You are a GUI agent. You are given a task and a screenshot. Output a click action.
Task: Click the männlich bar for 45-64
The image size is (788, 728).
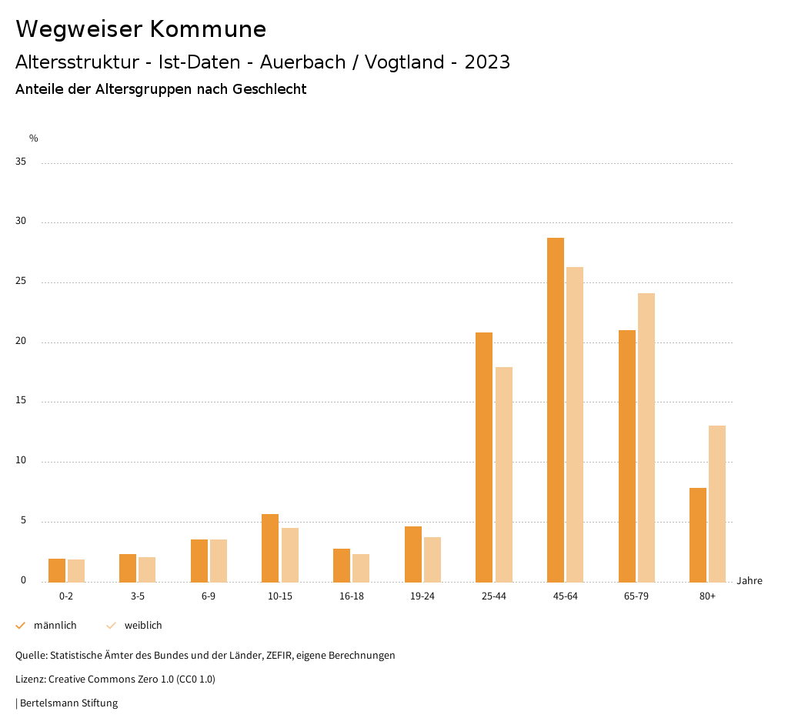[555, 409]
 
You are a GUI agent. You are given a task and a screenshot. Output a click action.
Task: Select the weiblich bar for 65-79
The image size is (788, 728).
[646, 437]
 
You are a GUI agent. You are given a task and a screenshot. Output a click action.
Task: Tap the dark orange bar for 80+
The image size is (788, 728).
[697, 535]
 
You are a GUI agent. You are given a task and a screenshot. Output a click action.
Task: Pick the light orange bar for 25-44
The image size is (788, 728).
[504, 474]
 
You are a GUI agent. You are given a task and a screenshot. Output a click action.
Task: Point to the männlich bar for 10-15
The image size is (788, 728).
[270, 548]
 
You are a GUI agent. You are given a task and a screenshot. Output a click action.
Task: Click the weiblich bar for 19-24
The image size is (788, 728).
[432, 559]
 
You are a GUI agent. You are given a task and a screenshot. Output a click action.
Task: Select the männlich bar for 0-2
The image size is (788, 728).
[57, 570]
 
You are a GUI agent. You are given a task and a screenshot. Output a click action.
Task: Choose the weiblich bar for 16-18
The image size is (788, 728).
[361, 568]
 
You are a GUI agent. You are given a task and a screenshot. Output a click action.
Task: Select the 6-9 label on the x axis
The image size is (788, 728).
[209, 596]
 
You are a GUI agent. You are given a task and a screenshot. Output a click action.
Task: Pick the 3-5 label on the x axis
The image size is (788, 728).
[137, 596]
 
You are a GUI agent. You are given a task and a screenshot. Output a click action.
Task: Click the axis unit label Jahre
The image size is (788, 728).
[749, 581]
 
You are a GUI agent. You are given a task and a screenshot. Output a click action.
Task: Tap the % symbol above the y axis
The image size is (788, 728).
[34, 139]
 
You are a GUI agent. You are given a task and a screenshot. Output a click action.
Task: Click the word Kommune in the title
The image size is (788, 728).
[208, 29]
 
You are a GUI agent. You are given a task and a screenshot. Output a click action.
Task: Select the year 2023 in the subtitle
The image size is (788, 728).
[487, 62]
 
